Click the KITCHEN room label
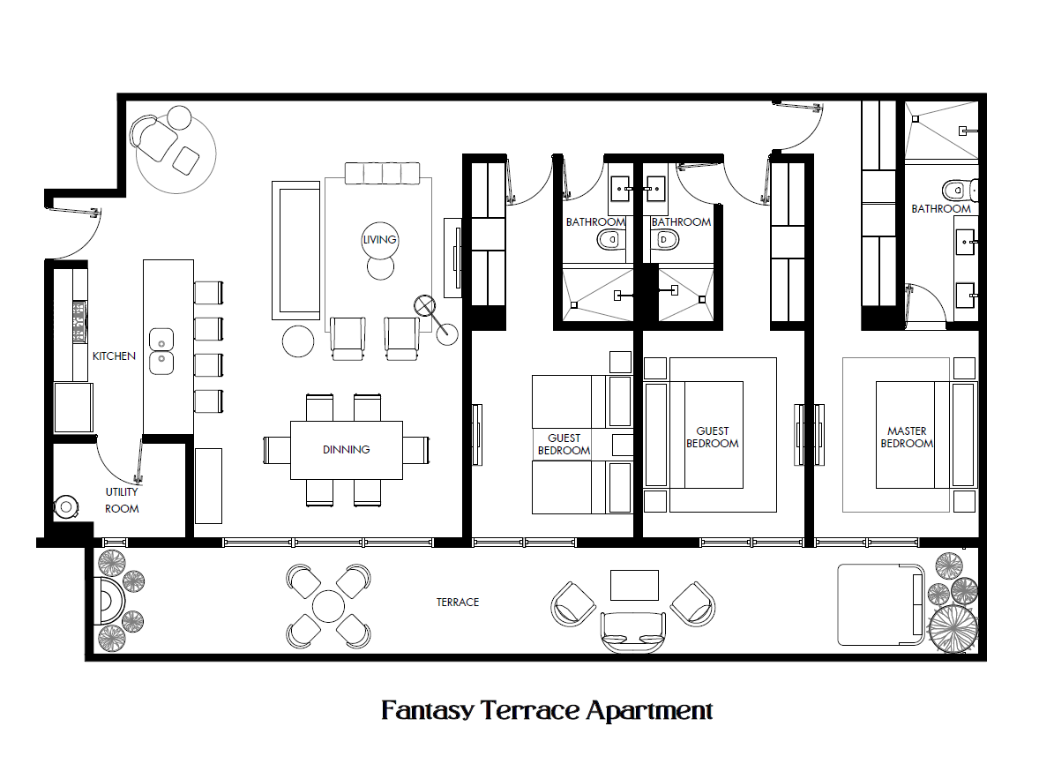tap(113, 356)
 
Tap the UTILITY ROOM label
tap(122, 500)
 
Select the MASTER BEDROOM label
tap(907, 437)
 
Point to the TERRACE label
tap(457, 602)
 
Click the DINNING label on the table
tap(346, 450)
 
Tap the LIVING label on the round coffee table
tap(379, 239)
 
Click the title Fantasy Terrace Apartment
tap(547, 710)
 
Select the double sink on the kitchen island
tap(161, 351)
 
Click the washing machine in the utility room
tap(65, 507)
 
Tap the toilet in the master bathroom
tap(960, 191)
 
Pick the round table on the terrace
tap(329, 606)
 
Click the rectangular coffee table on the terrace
tap(634, 585)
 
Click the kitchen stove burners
tap(79, 321)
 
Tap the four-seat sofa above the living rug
tap(382, 173)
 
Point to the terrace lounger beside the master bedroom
tap(880, 604)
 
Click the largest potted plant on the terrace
tap(953, 628)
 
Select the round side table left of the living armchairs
tap(298, 341)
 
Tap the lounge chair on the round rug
tap(154, 138)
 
